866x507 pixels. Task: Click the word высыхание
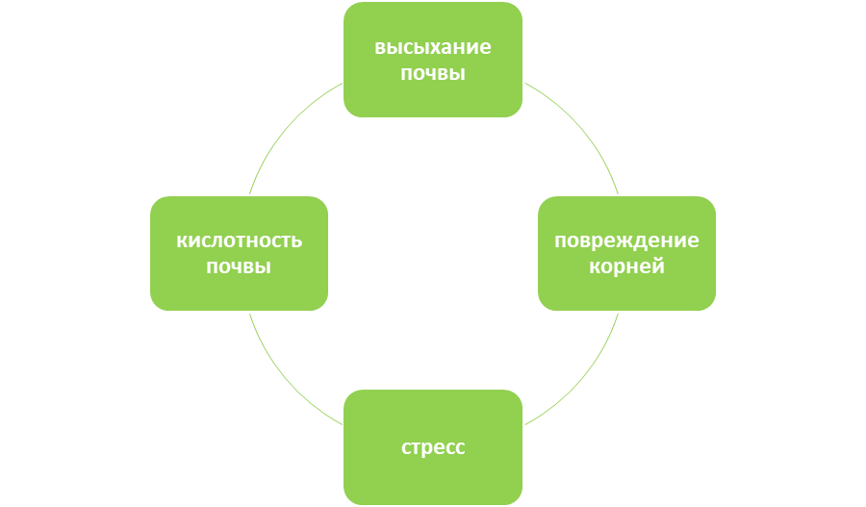(433, 48)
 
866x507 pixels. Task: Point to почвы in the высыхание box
(433, 73)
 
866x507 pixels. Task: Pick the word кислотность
(239, 241)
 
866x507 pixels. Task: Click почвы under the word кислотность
(239, 266)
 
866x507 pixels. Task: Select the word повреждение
(626, 241)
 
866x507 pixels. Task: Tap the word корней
(626, 266)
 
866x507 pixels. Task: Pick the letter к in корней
(594, 266)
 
